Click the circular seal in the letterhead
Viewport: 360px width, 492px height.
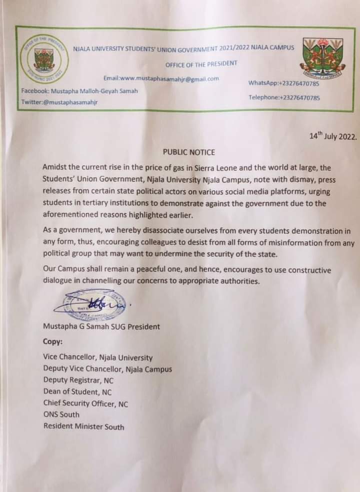click(43, 59)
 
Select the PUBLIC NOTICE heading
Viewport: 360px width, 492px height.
click(188, 151)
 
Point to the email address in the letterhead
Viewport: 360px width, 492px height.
click(161, 79)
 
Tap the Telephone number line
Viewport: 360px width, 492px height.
click(283, 97)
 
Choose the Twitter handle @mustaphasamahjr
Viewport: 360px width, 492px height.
click(59, 102)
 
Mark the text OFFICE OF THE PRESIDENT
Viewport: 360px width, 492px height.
click(201, 64)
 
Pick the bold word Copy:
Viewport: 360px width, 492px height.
click(53, 343)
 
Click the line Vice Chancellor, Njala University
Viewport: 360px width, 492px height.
click(98, 358)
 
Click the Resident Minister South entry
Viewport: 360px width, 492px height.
click(83, 427)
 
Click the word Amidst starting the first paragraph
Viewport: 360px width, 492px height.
click(56, 169)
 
